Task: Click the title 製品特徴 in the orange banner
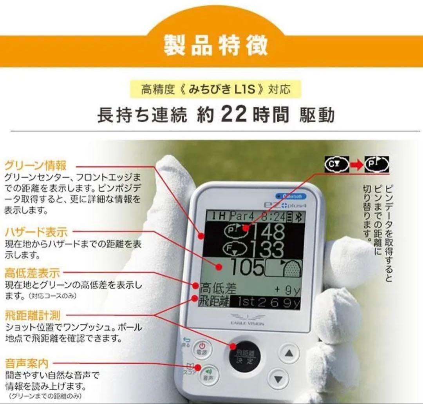click(216, 45)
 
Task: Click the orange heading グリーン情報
click(35, 165)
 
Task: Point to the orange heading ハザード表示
click(36, 231)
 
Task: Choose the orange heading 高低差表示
click(32, 272)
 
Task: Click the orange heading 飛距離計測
click(32, 315)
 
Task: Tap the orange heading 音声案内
click(27, 363)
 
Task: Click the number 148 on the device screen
click(268, 233)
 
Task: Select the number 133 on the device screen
click(268, 250)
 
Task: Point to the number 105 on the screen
click(247, 268)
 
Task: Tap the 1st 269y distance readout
click(264, 303)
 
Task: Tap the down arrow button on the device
click(278, 379)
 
